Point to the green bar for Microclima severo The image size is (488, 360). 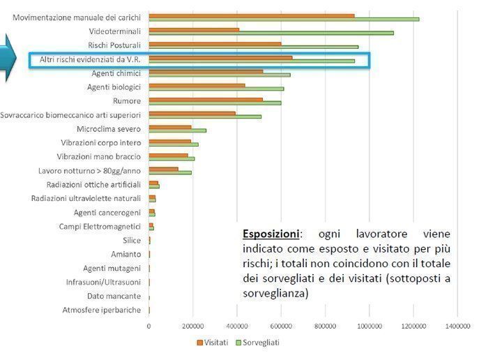click(177, 130)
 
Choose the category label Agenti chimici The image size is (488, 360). click(116, 73)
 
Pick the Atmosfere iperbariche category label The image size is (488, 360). click(101, 310)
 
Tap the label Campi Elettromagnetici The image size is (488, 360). click(100, 227)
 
